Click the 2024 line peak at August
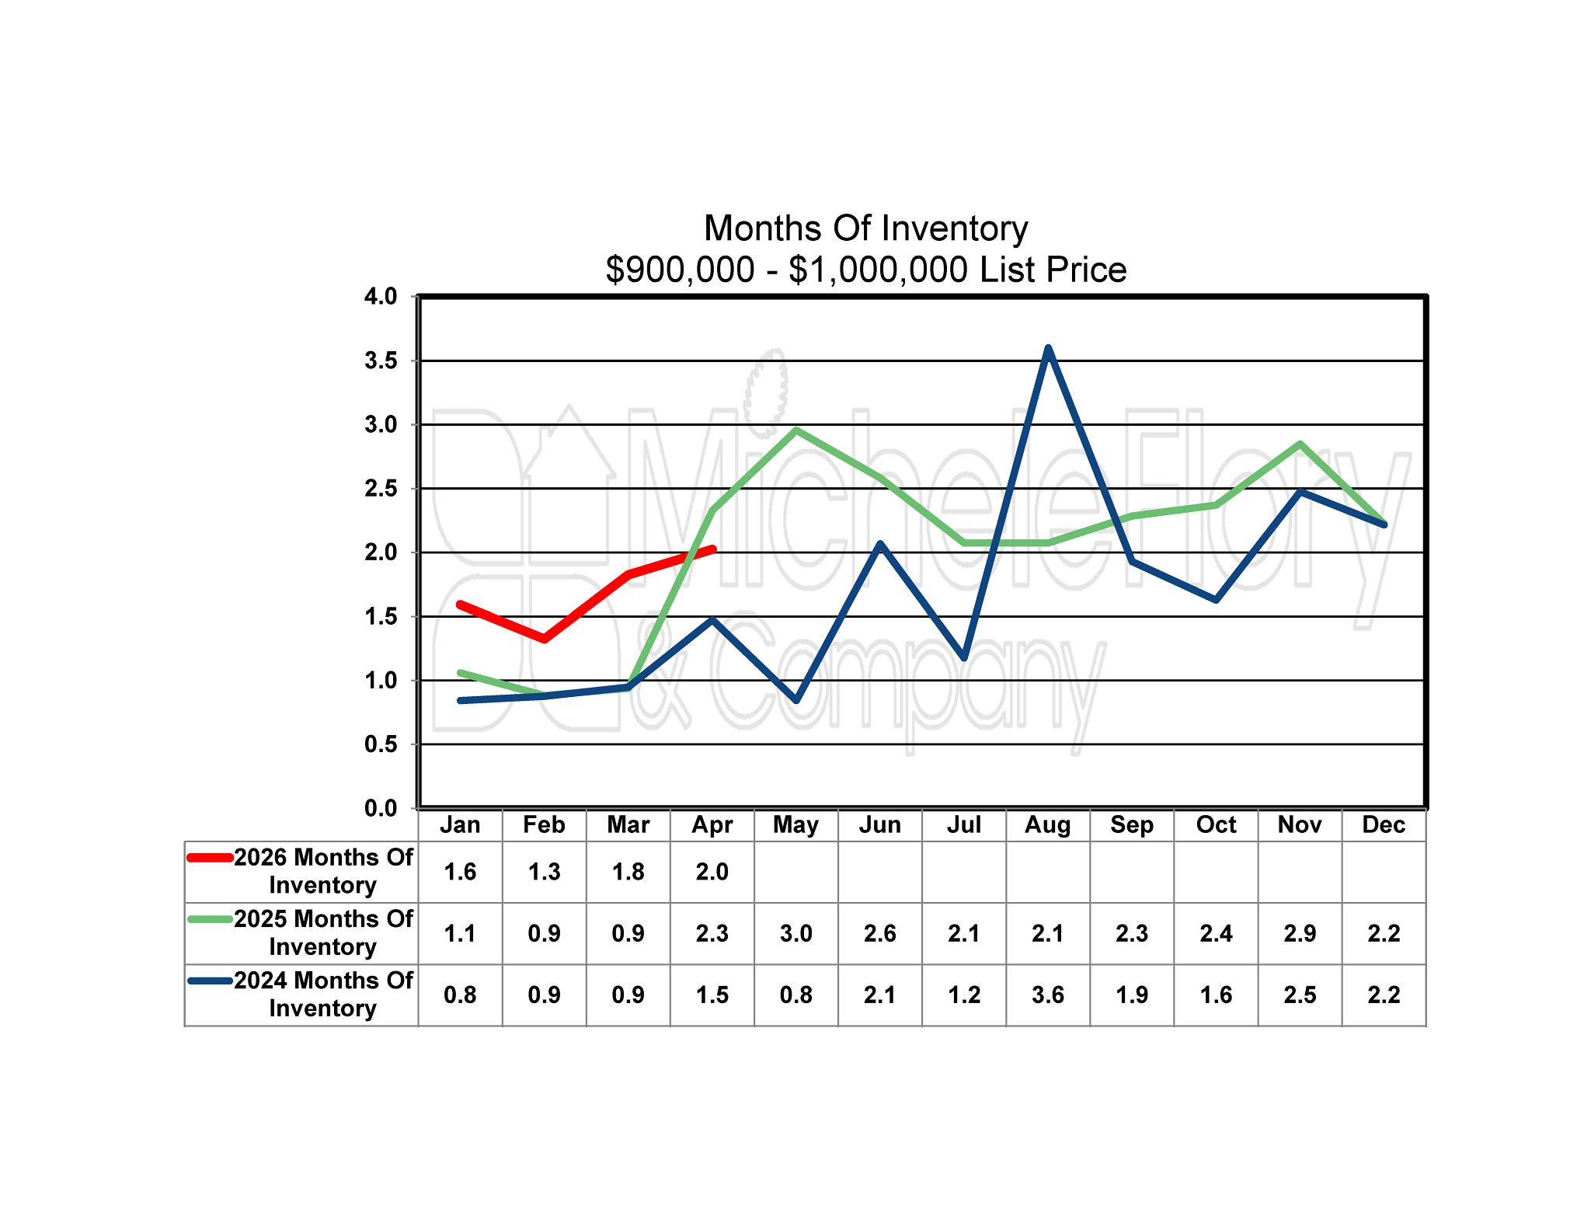[1048, 348]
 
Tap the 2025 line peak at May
[796, 430]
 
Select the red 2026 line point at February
[544, 639]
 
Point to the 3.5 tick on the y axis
[381, 361]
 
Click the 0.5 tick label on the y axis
[381, 744]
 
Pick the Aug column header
[1048, 824]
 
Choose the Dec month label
[1384, 824]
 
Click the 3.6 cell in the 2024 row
[1048, 995]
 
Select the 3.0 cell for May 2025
[796, 933]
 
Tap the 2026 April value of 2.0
[712, 872]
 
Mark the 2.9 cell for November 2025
[1300, 933]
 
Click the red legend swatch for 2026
[211, 858]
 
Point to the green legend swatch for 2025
[211, 919]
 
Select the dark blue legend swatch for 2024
[211, 981]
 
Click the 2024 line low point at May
[796, 700]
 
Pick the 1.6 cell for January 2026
[460, 872]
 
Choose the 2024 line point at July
[964, 657]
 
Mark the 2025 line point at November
[1300, 444]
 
